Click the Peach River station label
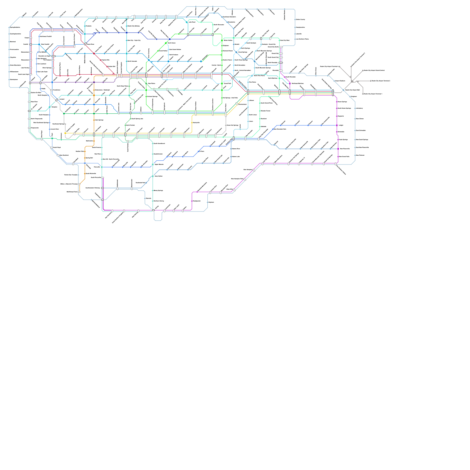90,44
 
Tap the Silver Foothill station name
45,44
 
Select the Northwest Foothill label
46,36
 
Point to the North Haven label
172,43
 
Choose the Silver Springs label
47,68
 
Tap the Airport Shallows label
340,81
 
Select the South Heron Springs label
344,108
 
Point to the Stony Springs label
158,190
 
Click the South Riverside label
91,174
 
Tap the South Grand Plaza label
266,103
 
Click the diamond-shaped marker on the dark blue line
94,34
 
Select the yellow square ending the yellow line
65,133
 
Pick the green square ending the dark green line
64,114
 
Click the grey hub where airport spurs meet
352,81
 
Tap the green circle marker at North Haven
166,43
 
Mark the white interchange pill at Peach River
85,44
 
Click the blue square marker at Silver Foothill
39,44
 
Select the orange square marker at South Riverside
85,174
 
